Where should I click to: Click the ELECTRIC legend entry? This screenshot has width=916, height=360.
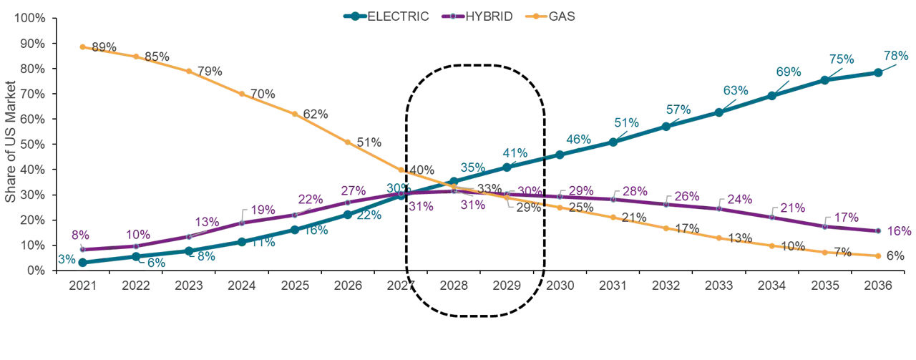pos(397,16)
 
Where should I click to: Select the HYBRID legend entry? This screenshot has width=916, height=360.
pos(488,16)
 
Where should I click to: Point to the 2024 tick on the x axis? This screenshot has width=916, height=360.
pos(242,285)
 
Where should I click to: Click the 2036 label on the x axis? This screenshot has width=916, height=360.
pos(877,285)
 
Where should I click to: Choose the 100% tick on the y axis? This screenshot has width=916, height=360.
pos(32,18)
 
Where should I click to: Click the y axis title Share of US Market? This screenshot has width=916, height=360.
pos(10,143)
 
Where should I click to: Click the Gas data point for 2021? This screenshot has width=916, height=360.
pos(83,47)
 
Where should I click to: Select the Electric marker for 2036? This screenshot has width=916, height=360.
pos(877,72)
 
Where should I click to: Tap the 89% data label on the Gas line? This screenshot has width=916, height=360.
pos(104,48)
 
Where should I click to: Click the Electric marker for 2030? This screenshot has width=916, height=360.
pos(560,155)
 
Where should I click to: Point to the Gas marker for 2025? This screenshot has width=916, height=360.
pos(295,114)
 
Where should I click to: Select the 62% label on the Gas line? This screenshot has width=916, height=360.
pos(315,114)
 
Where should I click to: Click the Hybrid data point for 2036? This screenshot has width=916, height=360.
pos(877,230)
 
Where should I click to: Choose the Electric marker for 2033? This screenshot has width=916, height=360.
pos(718,112)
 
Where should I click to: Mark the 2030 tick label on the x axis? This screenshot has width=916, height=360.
pos(560,285)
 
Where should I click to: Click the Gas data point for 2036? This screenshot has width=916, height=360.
pos(877,256)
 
